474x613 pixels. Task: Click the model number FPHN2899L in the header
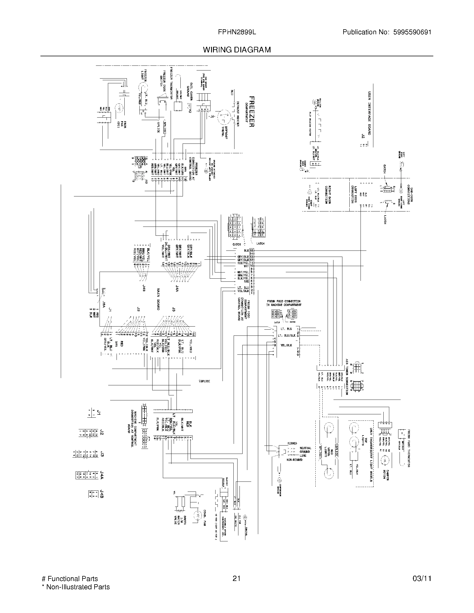(237, 32)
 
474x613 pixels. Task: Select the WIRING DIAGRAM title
(237, 50)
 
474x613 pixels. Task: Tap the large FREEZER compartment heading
(251, 112)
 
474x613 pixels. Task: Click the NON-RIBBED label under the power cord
(294, 460)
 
